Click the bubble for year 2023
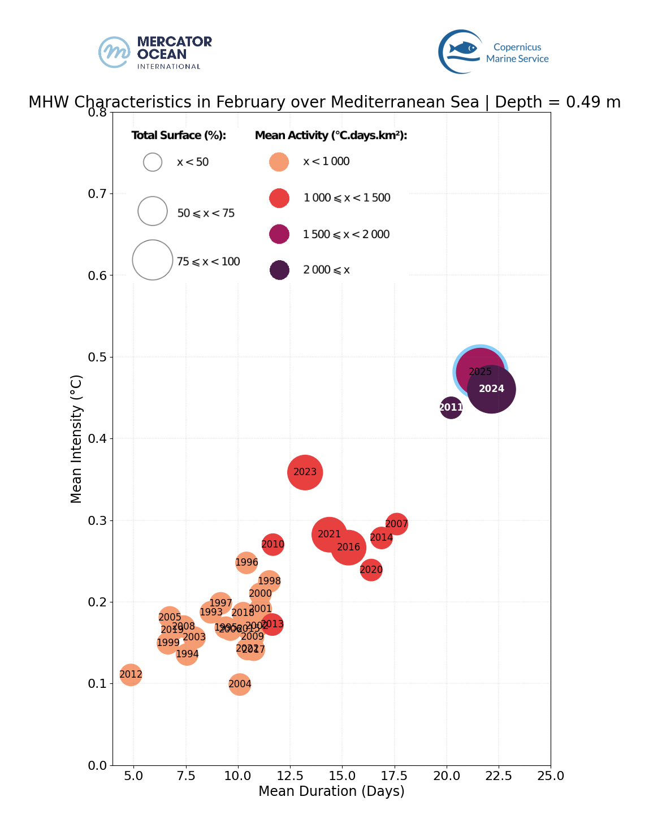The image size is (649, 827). pyautogui.click(x=305, y=472)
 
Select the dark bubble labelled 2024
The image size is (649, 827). pyautogui.click(x=491, y=389)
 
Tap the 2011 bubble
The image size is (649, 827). pyautogui.click(x=451, y=407)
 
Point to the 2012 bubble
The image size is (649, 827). pyautogui.click(x=131, y=674)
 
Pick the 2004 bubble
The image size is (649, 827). pyautogui.click(x=240, y=684)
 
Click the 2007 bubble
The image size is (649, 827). pyautogui.click(x=397, y=524)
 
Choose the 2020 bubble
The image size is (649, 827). pyautogui.click(x=371, y=570)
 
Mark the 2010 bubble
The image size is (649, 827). pyautogui.click(x=272, y=544)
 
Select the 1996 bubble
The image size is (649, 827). pyautogui.click(x=246, y=562)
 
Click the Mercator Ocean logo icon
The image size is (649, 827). pyautogui.click(x=115, y=52)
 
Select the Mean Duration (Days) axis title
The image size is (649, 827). pyautogui.click(x=331, y=791)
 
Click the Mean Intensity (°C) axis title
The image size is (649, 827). pyautogui.click(x=76, y=438)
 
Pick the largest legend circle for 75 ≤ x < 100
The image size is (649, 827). pyautogui.click(x=153, y=260)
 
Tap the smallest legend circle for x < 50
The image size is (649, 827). pyautogui.click(x=153, y=162)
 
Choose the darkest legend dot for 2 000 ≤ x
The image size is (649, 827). pyautogui.click(x=279, y=270)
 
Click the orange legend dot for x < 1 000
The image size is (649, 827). pyautogui.click(x=279, y=162)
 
